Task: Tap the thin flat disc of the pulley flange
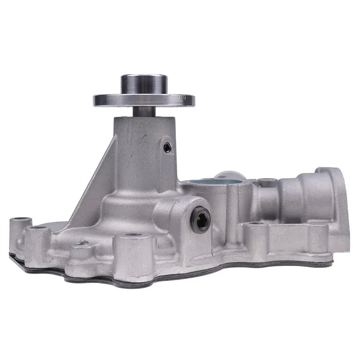(144, 100)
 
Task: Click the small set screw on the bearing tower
(167, 147)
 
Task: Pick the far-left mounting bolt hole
(20, 221)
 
